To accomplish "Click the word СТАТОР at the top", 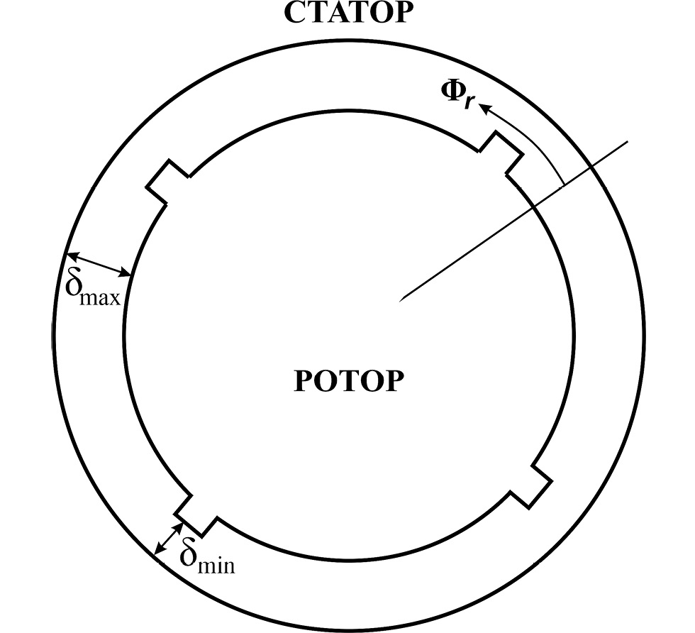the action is (346, 13).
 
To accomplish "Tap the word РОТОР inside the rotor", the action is (349, 380).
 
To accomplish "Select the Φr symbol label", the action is (458, 93).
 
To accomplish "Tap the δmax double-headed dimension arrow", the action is (99, 264).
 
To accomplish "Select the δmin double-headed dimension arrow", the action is (169, 539).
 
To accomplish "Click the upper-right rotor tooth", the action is (501, 153).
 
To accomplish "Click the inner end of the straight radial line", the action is (400, 301).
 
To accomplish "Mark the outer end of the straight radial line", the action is (628, 141).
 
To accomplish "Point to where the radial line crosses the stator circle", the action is (592, 167).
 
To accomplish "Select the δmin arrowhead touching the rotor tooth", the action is (179, 528).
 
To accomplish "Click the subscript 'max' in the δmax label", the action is (101, 298).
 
